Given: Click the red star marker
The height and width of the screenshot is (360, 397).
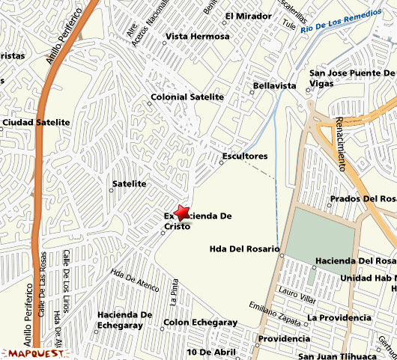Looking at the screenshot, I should [181, 213].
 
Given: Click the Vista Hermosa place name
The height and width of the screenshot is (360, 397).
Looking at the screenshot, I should [198, 36].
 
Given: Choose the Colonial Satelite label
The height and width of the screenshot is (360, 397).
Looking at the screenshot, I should [187, 97].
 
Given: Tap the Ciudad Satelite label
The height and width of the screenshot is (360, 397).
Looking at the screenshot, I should [36, 122].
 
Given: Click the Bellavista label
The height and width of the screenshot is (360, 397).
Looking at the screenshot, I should [275, 86].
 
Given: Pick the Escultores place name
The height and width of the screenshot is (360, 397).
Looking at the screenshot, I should [245, 156].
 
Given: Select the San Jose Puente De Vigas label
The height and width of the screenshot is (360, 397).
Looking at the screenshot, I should [351, 79].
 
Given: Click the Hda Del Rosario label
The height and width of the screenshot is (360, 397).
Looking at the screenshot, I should [244, 248].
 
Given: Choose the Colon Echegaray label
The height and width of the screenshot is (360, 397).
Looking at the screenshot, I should [200, 323].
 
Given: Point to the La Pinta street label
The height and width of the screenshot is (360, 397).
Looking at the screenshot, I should [174, 292].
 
